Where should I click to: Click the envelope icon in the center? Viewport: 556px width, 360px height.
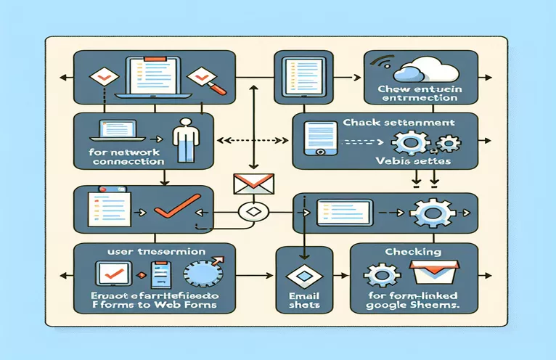(246, 184)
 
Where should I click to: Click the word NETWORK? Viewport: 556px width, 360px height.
(142, 153)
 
